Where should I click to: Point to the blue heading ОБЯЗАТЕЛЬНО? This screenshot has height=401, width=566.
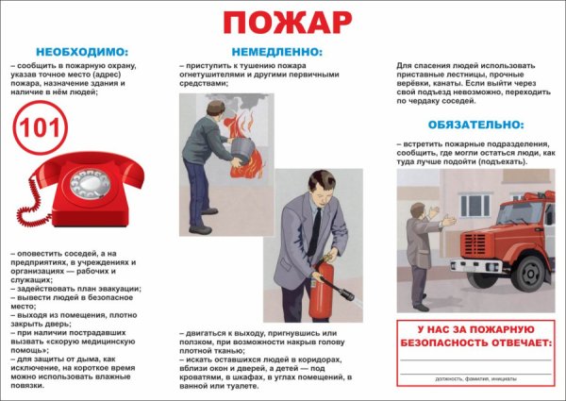coord(474,124)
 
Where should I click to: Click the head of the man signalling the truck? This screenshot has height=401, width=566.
coord(419,206)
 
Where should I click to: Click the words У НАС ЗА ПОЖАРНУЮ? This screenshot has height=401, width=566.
coord(474,329)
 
